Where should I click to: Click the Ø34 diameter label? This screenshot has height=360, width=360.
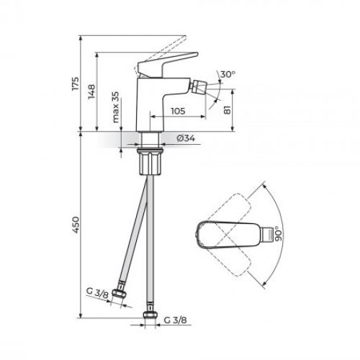coord(183,138)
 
